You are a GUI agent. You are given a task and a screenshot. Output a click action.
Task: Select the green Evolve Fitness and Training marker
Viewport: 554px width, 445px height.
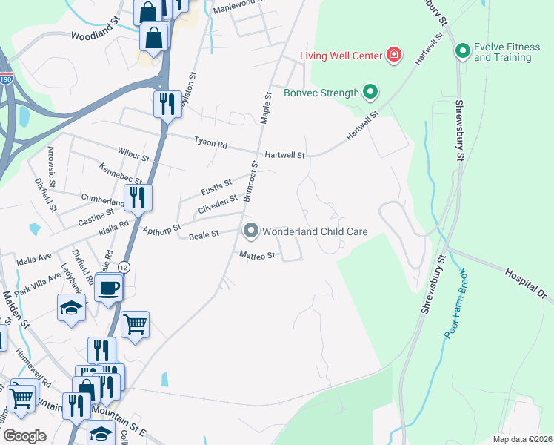(463, 51)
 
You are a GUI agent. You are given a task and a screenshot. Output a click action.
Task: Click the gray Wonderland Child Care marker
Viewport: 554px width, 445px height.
(250, 231)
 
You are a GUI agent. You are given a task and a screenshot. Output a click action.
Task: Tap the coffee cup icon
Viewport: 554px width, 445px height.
(109, 287)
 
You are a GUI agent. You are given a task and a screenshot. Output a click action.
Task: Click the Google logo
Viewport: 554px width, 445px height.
(25, 435)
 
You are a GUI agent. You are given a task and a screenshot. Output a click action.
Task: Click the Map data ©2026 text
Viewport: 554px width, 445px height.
(522, 439)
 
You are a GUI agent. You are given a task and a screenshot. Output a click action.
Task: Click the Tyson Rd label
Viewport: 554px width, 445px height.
(210, 141)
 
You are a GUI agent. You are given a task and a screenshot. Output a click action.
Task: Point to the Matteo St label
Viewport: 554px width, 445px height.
(257, 255)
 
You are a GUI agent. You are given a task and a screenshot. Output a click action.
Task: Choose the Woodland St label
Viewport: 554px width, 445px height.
(96, 35)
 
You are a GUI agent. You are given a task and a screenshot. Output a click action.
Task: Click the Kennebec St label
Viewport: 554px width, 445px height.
(120, 175)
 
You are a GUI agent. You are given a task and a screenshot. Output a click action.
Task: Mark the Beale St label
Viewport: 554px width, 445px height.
(204, 234)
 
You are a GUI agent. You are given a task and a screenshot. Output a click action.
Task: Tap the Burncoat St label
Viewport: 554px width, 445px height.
(250, 182)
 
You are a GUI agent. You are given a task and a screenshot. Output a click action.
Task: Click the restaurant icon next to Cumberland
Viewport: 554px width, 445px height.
(137, 197)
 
